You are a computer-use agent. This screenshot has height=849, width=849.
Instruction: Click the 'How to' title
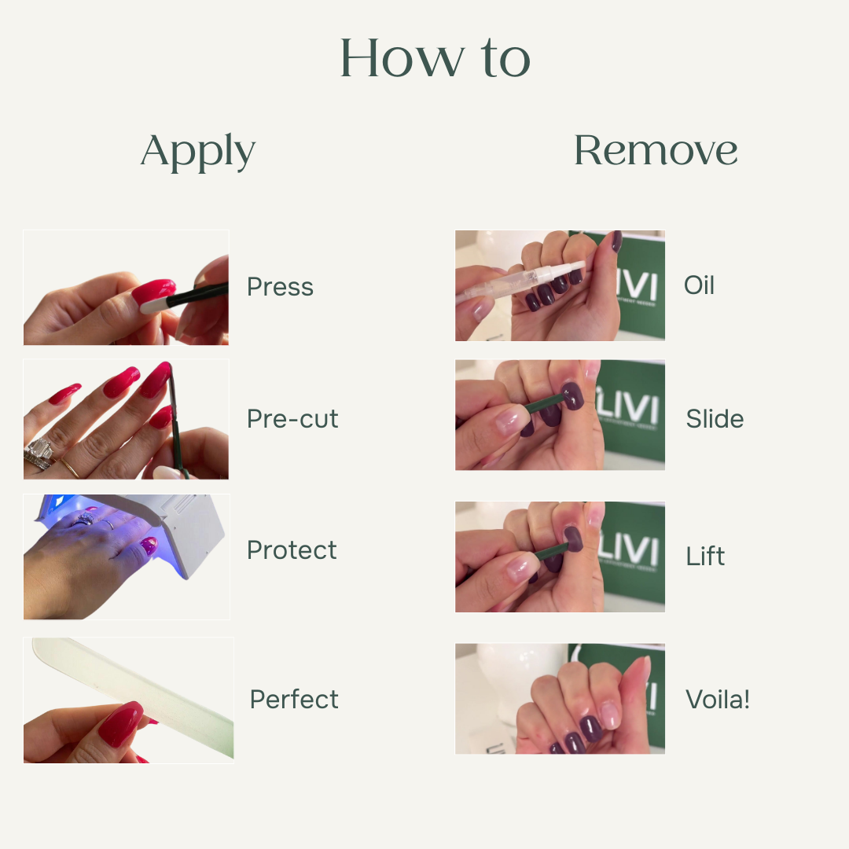coord(435,58)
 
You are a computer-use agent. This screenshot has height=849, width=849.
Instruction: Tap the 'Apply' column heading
coord(197,151)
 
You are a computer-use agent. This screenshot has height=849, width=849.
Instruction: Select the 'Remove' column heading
coord(656,150)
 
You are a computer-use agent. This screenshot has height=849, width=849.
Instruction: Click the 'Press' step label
coord(280,287)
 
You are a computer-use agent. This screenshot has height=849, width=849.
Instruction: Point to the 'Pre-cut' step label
coord(292,418)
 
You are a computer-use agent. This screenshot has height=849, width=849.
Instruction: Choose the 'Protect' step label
coord(292,550)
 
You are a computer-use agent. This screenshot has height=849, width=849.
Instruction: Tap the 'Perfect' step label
coord(294,699)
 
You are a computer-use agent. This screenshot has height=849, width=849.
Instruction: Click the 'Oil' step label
coord(699,285)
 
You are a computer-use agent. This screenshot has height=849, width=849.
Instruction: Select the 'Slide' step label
coord(715,418)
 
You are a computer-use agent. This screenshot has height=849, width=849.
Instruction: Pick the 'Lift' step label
coord(705,556)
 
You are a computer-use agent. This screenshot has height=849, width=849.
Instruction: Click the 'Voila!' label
coord(718,699)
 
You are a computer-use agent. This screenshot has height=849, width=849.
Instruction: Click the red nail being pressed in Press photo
coord(153,292)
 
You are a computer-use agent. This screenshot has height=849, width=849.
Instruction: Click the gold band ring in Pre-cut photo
coord(71,468)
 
